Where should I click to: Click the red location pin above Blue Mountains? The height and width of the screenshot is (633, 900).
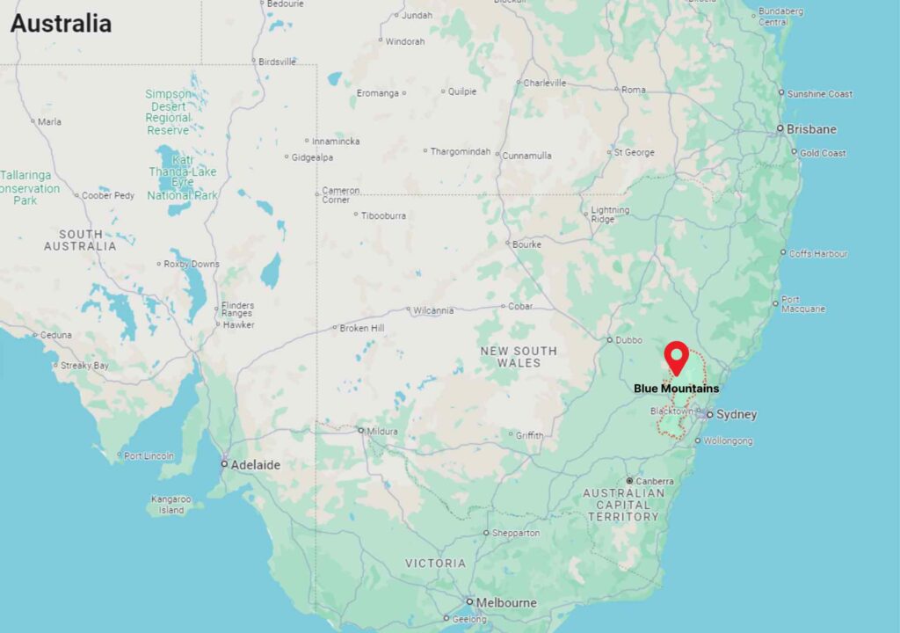677,357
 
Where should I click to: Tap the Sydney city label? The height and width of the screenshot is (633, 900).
737,414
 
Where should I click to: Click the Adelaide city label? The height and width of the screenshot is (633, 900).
255,464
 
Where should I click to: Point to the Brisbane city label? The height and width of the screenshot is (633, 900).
811,129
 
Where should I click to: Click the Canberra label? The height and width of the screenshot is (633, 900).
656,481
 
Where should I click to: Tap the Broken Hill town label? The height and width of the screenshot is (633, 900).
362,328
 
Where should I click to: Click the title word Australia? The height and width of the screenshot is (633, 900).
61,24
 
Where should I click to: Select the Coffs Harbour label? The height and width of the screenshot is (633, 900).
818,253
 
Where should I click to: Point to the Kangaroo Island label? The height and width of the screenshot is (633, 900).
171,505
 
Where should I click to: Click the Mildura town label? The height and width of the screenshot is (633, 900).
383,431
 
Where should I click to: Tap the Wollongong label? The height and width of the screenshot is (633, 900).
729,440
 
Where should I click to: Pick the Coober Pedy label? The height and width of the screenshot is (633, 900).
109,195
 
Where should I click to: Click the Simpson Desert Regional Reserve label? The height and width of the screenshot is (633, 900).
168,112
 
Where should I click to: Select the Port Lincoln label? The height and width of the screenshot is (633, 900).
149,455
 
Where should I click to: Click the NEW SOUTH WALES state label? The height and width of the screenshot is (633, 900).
519,356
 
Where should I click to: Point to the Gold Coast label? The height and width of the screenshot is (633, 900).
823,153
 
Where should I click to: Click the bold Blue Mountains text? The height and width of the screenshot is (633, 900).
677,389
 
